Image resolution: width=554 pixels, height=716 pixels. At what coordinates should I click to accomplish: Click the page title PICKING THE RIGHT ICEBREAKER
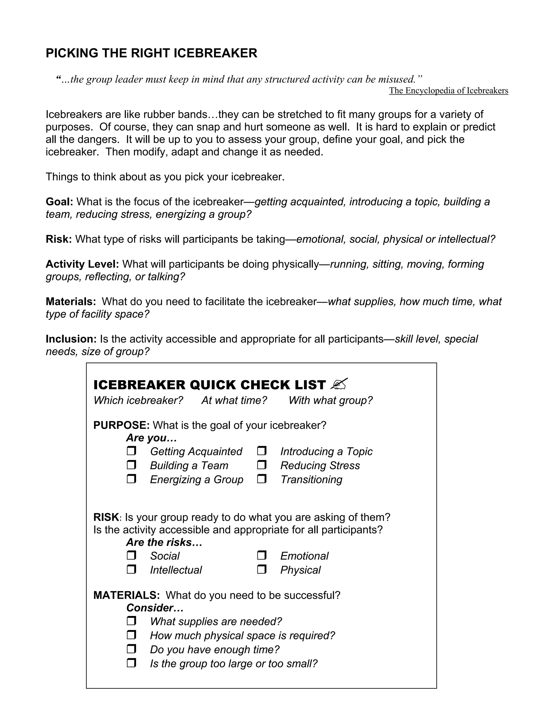click(151, 53)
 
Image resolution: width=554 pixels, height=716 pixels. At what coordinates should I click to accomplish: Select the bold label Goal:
click(59, 202)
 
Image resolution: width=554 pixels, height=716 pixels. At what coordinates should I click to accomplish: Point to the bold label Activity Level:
click(82, 264)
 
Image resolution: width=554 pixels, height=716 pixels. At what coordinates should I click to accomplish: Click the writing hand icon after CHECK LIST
click(339, 384)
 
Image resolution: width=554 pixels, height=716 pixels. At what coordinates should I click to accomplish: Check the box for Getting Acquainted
click(131, 451)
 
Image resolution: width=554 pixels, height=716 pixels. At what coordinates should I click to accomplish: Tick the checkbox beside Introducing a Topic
click(262, 451)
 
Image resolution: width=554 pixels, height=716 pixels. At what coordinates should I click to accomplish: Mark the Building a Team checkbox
click(131, 465)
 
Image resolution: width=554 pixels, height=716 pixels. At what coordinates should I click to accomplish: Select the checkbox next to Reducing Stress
click(262, 465)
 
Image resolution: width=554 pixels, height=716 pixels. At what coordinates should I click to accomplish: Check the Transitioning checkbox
click(262, 479)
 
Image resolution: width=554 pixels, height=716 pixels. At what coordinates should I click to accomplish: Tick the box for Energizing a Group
click(131, 479)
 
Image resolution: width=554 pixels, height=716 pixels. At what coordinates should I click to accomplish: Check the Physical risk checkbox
click(262, 570)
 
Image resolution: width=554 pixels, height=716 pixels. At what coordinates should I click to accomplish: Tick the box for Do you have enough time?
click(131, 649)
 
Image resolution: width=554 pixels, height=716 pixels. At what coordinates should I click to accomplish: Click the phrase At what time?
click(234, 400)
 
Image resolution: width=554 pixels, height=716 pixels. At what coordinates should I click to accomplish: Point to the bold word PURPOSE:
click(121, 425)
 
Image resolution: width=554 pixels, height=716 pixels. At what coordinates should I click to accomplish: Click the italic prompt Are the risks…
click(164, 542)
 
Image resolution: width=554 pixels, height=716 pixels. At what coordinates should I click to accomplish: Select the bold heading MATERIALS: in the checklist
click(126, 595)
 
